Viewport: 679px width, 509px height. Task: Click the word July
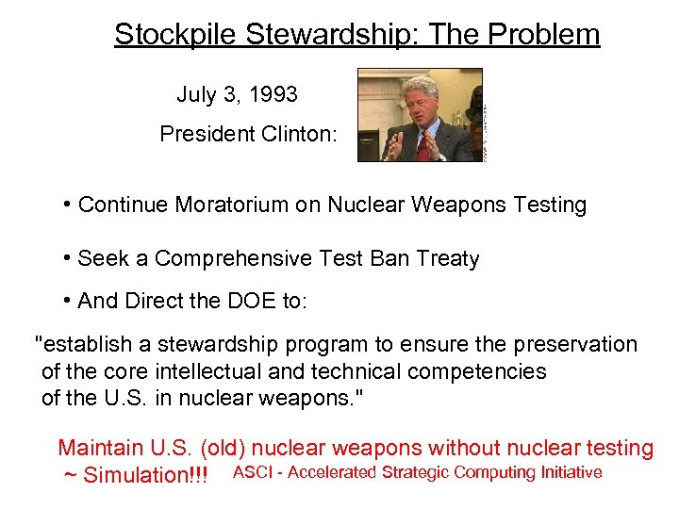coord(196,95)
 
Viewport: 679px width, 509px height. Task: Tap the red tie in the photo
coord(422,146)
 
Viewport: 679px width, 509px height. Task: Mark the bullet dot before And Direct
coord(68,302)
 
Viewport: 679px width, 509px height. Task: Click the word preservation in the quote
coord(576,345)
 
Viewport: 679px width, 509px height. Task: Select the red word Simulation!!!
coord(146,475)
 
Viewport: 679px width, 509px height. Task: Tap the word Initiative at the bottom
coord(569,472)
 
